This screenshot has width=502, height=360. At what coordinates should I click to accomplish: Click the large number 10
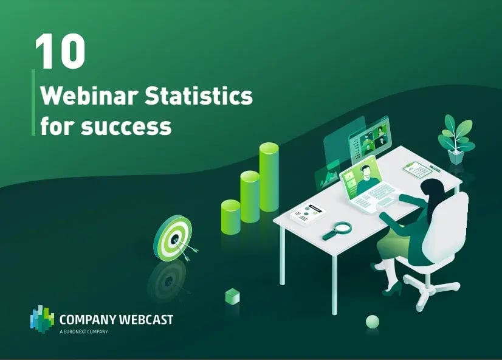click(60, 51)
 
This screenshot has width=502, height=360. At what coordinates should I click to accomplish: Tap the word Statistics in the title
click(199, 95)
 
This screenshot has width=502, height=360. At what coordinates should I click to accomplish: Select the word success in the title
click(126, 126)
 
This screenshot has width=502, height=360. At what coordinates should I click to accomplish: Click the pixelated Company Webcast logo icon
click(42, 319)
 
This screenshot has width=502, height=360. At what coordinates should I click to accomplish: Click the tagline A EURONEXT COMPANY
click(84, 332)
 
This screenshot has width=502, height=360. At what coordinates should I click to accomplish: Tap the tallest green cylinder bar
click(269, 177)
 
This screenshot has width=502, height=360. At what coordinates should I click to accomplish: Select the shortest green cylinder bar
click(230, 217)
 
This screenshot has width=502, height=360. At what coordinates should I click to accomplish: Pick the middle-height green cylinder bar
click(250, 196)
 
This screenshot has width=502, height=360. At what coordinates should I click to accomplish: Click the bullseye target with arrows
click(174, 238)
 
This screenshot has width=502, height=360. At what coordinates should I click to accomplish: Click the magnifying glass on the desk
click(337, 230)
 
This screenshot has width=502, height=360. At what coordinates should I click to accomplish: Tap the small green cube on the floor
click(232, 296)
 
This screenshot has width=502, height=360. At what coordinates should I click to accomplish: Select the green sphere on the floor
click(373, 321)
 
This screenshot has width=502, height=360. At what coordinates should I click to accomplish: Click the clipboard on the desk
click(418, 170)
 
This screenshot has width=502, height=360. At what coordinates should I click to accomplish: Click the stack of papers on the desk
click(308, 214)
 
